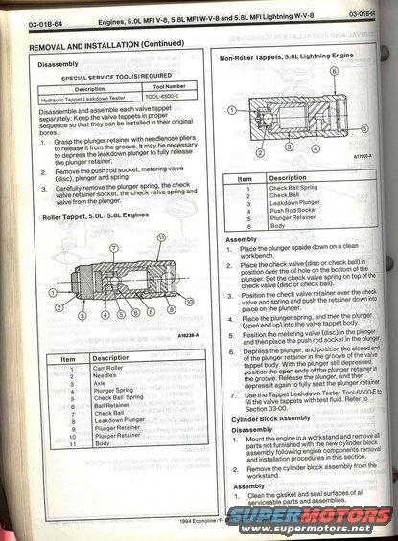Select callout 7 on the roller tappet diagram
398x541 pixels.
112,247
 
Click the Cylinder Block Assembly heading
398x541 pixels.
271,417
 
